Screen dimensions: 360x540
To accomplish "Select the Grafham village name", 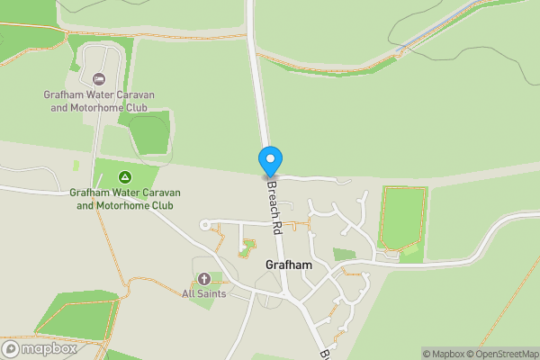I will pyautogui.click(x=289, y=265).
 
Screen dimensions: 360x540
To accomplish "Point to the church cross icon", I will pyautogui.click(x=203, y=278).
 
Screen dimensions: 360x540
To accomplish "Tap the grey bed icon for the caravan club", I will pyautogui.click(x=99, y=79).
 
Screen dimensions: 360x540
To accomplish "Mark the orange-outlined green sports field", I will pyautogui.click(x=402, y=217).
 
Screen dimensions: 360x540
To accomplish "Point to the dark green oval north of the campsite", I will pyautogui.click(x=148, y=133).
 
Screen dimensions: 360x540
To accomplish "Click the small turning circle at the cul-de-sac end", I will pyautogui.click(x=205, y=224).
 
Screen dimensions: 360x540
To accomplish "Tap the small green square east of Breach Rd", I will pyautogui.click(x=344, y=255).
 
